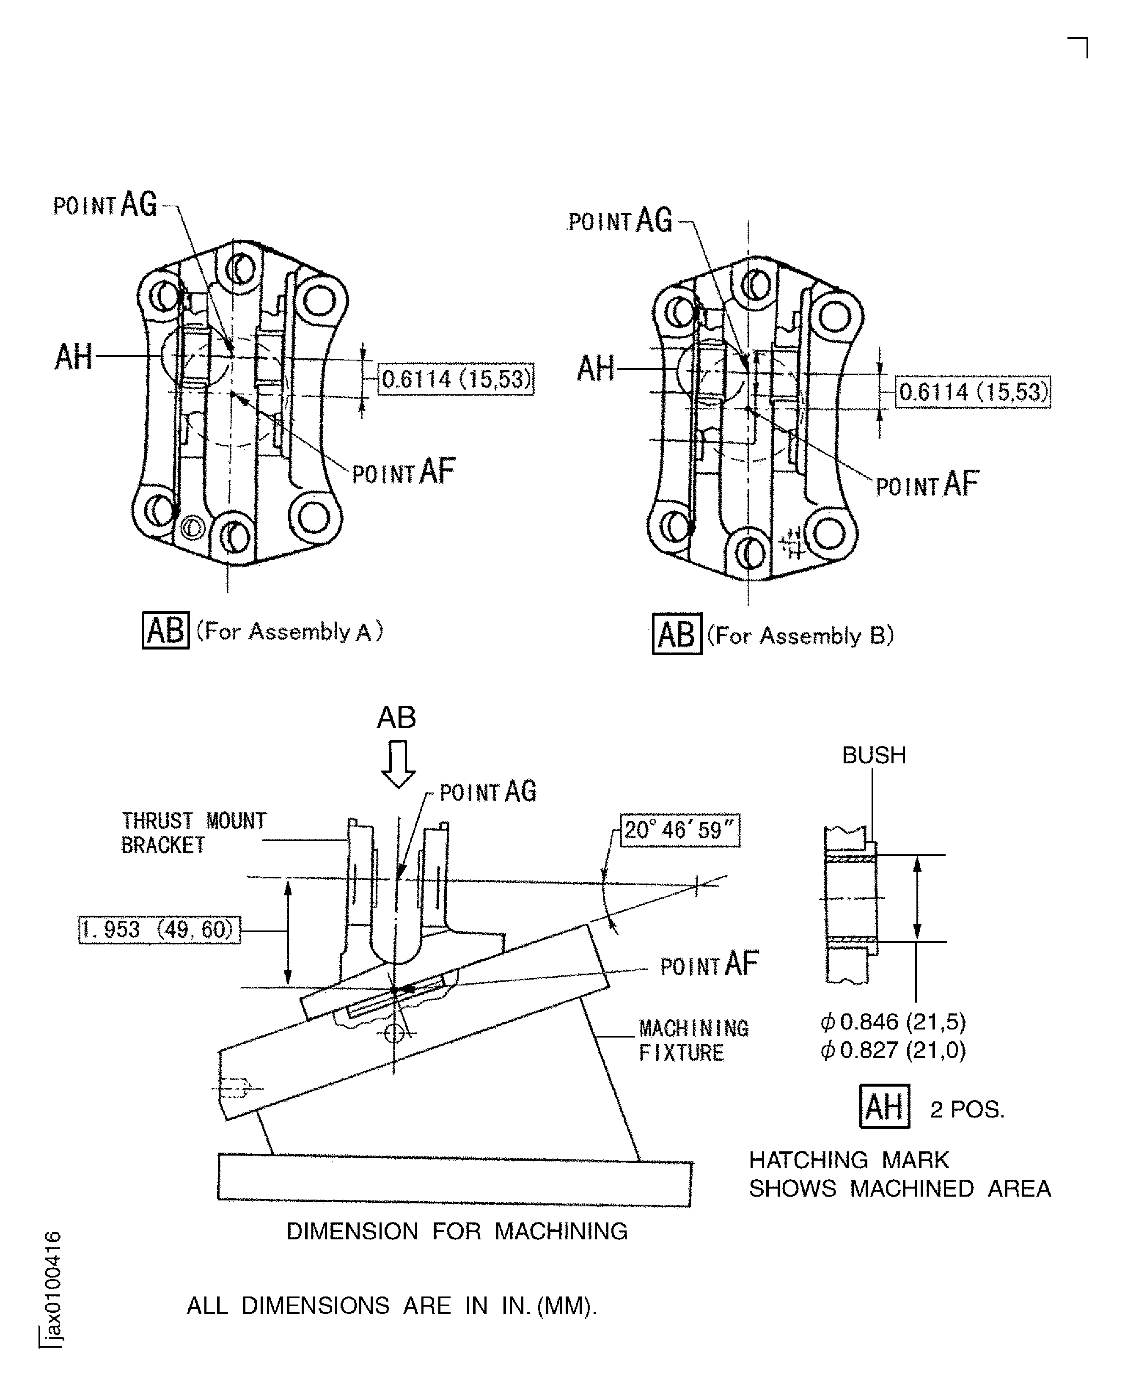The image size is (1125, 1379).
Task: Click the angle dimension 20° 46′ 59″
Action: (680, 829)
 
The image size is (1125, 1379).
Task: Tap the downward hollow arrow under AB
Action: (398, 763)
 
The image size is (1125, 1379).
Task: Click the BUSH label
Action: (874, 755)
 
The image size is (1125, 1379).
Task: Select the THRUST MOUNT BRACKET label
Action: (193, 833)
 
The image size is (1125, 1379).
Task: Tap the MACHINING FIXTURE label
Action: (693, 1040)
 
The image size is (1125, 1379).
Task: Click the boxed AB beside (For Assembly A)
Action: (165, 630)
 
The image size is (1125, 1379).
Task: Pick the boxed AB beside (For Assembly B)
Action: (677, 634)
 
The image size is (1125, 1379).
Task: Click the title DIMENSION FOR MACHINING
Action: (457, 1231)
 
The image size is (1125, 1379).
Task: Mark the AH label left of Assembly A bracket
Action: (73, 357)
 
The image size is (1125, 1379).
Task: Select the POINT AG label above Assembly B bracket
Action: (620, 221)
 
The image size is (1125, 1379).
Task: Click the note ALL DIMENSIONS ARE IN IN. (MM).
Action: (391, 1306)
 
